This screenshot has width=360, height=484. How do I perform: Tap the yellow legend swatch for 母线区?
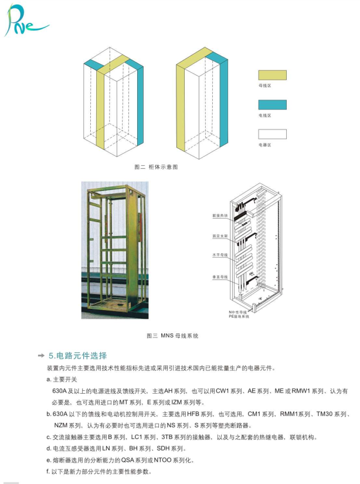coord(272,75)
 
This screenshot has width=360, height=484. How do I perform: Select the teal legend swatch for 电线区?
coord(272,105)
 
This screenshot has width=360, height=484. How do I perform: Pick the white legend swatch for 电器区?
coord(272,134)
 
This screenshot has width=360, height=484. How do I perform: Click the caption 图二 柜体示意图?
coord(156,167)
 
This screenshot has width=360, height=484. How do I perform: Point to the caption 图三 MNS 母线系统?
coord(172,336)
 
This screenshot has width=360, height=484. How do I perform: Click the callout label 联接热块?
coord(220,215)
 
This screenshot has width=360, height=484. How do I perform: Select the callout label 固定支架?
coord(220,236)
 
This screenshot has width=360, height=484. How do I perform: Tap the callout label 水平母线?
coord(220,255)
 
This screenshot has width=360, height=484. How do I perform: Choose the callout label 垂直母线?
coord(220,277)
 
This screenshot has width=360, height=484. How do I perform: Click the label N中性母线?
coord(237,312)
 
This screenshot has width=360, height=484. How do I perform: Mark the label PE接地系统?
coord(239,316)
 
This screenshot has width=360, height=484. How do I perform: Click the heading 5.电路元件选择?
coord(78,356)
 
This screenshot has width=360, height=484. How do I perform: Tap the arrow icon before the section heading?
coord(41,356)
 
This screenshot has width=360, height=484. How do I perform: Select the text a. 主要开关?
coord(62,379)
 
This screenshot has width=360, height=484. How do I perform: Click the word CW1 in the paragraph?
coord(222,391)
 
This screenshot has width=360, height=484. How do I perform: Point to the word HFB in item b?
coord(193,414)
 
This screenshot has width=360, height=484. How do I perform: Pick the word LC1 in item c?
coord(137,437)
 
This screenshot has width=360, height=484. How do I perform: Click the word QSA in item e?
coord(127,460)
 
